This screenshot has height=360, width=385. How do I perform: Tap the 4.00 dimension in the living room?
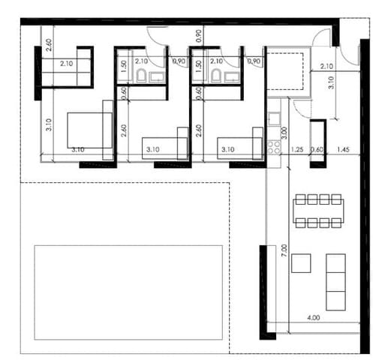pyautogui.click(x=314, y=318)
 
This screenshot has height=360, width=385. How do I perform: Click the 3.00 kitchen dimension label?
pyautogui.click(x=284, y=136)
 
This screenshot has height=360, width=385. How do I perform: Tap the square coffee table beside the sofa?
pyautogui.click(x=302, y=263)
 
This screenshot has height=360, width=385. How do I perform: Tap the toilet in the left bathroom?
pyautogui.click(x=141, y=75)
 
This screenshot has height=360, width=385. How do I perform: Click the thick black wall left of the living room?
pyautogui.click(x=263, y=288)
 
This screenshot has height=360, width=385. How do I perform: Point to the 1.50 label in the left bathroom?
pyautogui.click(x=125, y=64)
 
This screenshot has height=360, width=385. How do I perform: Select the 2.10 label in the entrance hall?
pyautogui.click(x=326, y=66)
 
